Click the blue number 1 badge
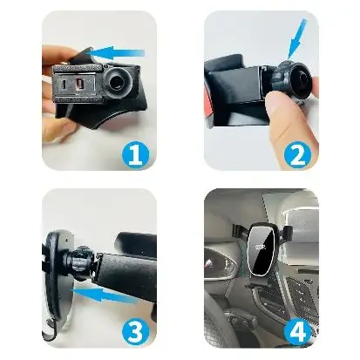[x=135, y=155]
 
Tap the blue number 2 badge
[x=297, y=155]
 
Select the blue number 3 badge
[x=135, y=332]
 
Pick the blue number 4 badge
[x=297, y=332]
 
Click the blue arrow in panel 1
[x=117, y=52]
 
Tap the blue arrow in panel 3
[x=105, y=295]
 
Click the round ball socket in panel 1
[x=119, y=83]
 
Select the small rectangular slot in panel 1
[x=78, y=85]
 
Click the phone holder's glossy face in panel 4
[x=261, y=250]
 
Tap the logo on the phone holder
[x=261, y=248]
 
